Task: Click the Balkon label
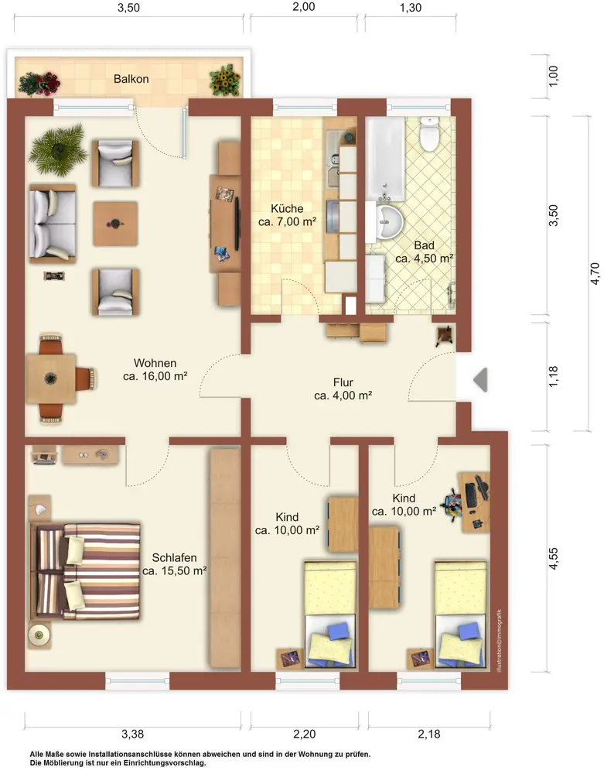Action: tap(131, 79)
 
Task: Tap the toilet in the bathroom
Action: tap(429, 133)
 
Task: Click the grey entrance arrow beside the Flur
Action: tap(481, 379)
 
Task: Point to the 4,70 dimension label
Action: tap(595, 273)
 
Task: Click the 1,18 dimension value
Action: tap(553, 376)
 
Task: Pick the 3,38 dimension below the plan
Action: tap(133, 734)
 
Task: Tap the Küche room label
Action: tap(287, 208)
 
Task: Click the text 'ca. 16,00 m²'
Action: tap(155, 376)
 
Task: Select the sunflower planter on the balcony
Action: tap(225, 79)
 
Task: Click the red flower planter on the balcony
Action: tap(39, 83)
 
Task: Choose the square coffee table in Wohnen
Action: tap(115, 224)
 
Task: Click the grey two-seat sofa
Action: tap(53, 223)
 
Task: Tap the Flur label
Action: tap(343, 382)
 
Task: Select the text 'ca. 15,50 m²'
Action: tap(175, 571)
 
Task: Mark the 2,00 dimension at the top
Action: tap(304, 7)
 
